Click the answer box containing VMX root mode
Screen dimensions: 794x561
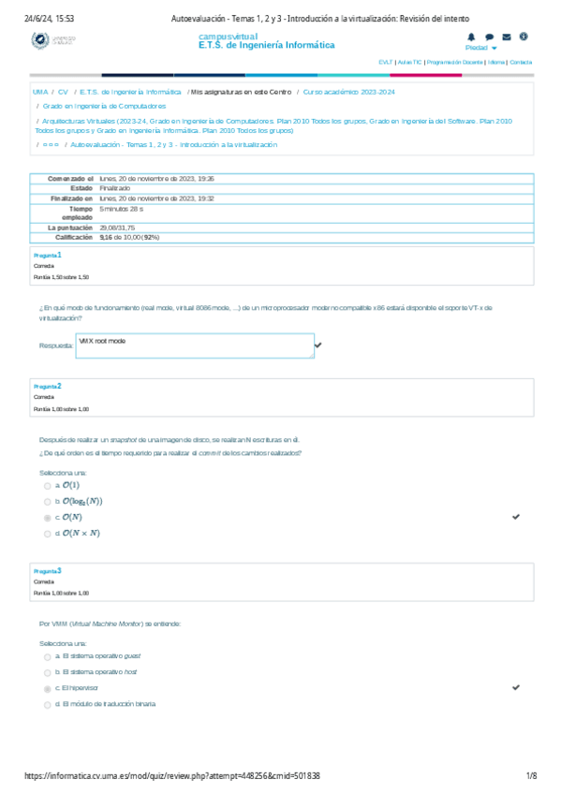[194, 346]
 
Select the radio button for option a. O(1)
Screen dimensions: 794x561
[48, 485]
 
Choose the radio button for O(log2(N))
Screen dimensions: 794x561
[48, 501]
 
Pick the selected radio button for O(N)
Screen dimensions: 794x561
[48, 517]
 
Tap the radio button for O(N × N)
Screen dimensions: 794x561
[48, 533]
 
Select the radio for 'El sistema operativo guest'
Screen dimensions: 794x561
[48, 656]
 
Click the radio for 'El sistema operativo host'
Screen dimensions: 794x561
[48, 672]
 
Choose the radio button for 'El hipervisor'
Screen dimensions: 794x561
[48, 688]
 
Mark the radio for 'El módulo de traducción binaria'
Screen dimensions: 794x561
[48, 704]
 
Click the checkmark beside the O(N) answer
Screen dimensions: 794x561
[516, 517]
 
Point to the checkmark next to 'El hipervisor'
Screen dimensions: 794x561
[516, 687]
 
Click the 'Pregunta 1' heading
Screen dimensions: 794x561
[48, 255]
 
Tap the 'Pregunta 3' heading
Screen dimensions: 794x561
[48, 570]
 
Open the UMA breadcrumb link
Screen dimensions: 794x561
[40, 93]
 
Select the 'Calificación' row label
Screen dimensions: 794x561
[69, 238]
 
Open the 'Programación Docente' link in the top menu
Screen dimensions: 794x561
[454, 62]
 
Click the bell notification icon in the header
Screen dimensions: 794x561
[471, 37]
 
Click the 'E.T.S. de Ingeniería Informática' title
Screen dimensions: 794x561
[267, 45]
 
